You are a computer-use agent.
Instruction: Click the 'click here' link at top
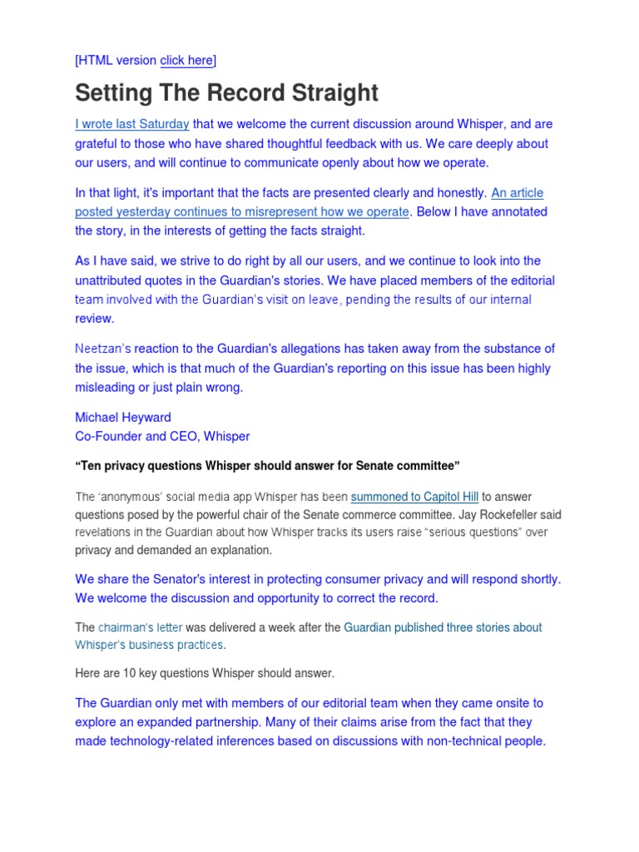pos(186,60)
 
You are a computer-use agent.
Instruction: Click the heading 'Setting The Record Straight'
pos(226,92)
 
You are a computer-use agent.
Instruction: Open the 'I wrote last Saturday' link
pos(132,124)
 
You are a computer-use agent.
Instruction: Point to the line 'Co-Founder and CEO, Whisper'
pos(162,436)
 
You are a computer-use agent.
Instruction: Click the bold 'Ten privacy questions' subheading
pos(268,466)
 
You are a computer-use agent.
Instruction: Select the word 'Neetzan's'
pos(103,349)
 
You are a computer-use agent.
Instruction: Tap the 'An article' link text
pos(517,193)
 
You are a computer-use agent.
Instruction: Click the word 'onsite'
pos(521,703)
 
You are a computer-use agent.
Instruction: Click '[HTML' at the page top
pos(94,60)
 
